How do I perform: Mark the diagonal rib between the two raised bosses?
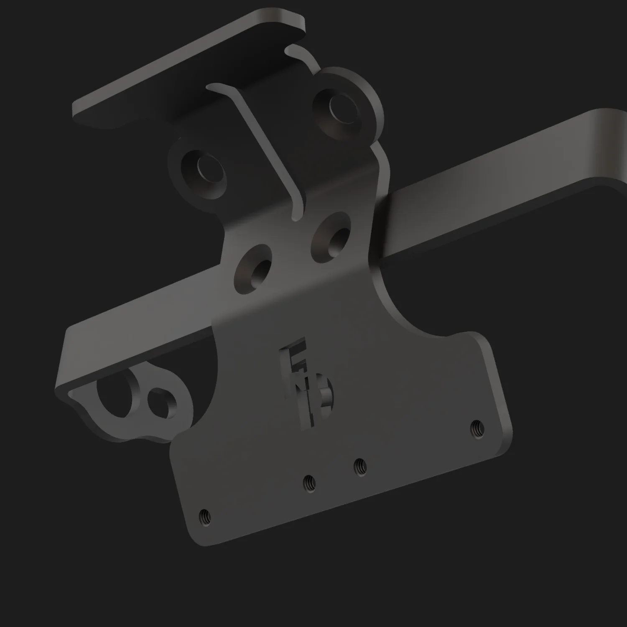click(x=268, y=146)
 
